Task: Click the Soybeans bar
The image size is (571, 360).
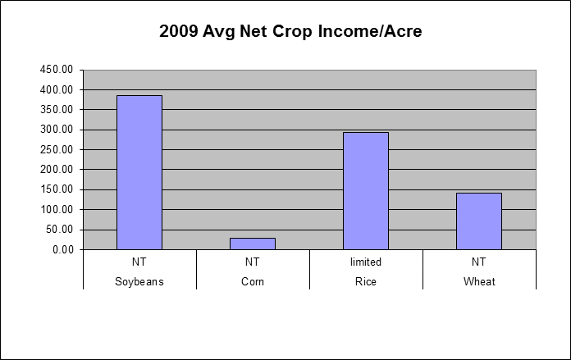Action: coord(139,172)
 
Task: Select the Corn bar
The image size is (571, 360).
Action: coord(253,244)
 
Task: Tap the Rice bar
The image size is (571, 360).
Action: coord(366,191)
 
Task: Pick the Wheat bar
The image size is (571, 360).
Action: coord(479,221)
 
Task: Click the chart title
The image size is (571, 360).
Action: coord(290,31)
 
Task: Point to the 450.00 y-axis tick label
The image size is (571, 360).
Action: coord(57,70)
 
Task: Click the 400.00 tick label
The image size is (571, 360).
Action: coord(57,89)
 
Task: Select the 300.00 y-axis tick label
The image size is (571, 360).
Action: coord(57,130)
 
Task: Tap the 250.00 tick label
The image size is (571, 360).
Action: coord(57,149)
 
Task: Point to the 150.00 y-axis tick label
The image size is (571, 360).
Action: coord(57,189)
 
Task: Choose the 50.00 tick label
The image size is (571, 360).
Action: coord(59,230)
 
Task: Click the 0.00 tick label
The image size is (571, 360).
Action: coord(63,250)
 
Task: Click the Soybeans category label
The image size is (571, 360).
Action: coord(139,282)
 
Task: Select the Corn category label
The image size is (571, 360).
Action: coord(253,282)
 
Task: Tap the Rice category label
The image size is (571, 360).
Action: coord(366,282)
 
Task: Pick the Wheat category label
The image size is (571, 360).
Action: coord(479,282)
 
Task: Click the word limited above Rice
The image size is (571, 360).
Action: coord(366,262)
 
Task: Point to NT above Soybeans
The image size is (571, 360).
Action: coord(139,262)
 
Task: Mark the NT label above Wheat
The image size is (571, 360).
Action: coord(479,262)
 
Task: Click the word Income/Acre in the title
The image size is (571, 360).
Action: coord(370,31)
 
